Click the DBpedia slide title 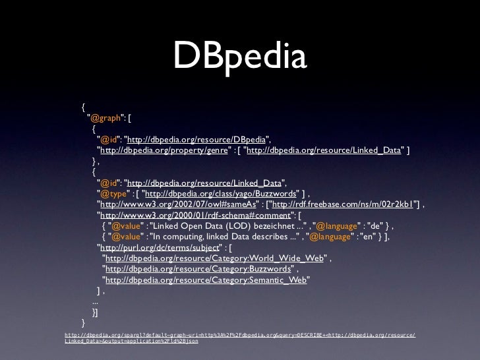(240, 58)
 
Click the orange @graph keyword (104, 118)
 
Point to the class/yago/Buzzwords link (220, 193)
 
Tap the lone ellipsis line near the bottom (96, 301)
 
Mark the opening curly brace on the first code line (84, 107)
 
